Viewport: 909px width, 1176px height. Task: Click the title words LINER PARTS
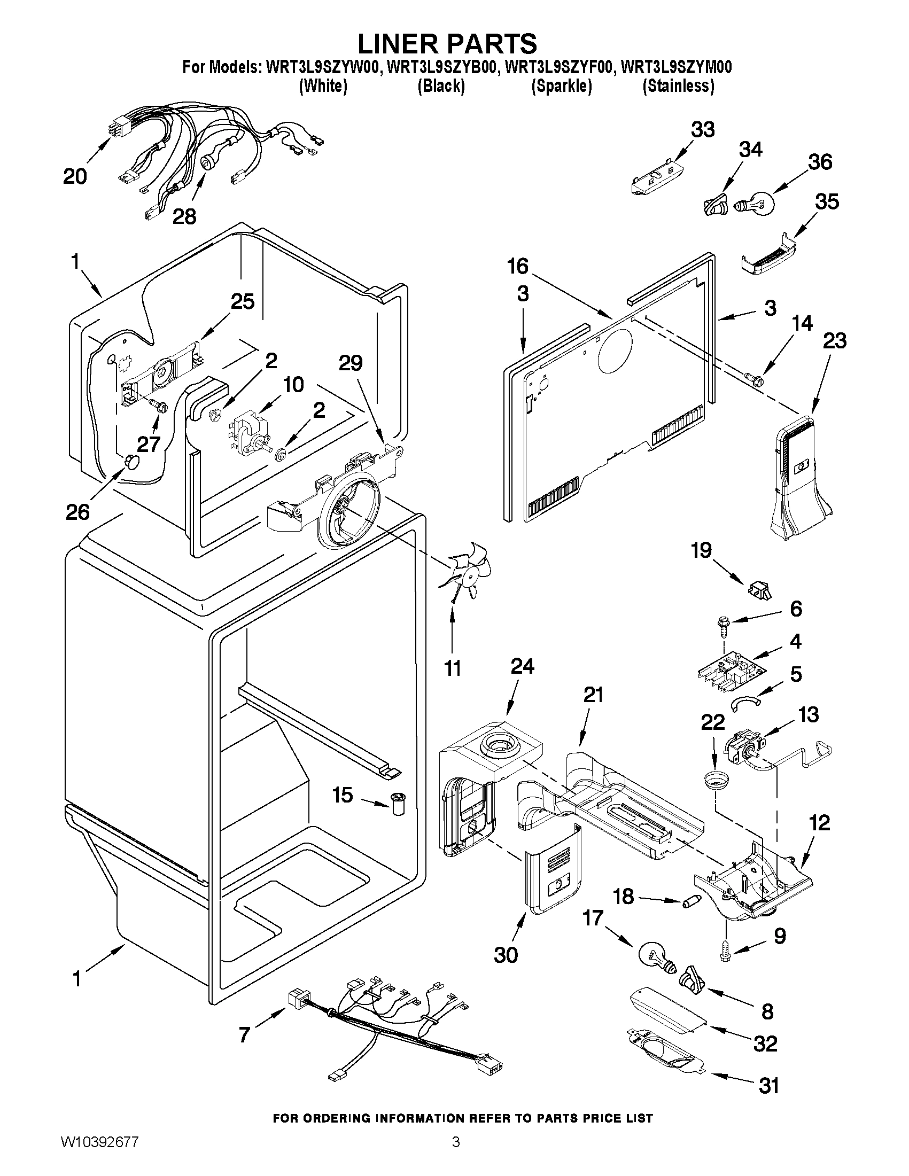click(x=447, y=42)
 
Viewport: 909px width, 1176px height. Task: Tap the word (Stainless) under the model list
click(x=678, y=86)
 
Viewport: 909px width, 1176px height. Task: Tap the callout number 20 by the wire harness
click(x=75, y=176)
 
